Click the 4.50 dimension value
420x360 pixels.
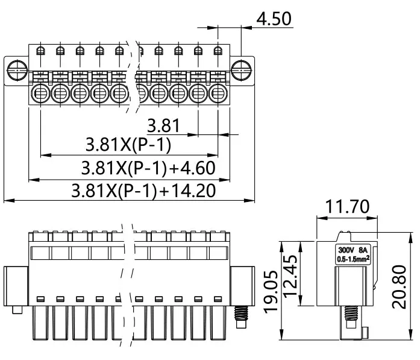[274, 18]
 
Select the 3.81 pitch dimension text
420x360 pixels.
[163, 125]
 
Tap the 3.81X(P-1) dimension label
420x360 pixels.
[128, 145]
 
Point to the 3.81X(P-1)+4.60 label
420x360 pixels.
[147, 168]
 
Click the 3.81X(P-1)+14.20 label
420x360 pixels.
[143, 191]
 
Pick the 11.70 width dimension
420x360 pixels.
[347, 207]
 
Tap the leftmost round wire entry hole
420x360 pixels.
[41, 93]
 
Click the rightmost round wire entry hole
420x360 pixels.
[219, 93]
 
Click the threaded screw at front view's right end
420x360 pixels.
[241, 315]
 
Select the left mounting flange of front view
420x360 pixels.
[17, 286]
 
